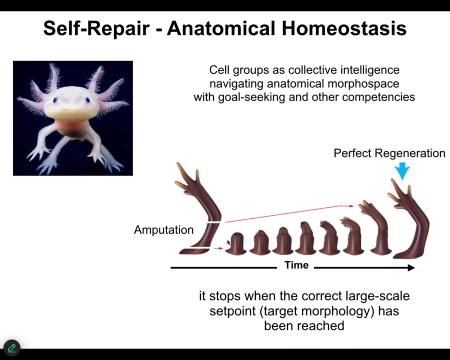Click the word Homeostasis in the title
point(344,28)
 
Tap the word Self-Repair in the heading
point(96,28)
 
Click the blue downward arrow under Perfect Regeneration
point(402,171)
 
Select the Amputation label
point(163,230)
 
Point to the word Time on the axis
point(296,264)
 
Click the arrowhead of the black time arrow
point(411,268)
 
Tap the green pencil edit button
point(12,348)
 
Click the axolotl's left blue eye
point(55,100)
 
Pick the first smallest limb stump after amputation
point(235,243)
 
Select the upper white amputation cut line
point(214,222)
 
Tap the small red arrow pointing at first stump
point(218,248)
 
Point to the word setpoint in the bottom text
point(232,311)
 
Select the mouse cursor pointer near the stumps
point(228,242)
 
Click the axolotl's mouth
point(71,110)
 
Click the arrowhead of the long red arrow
point(351,206)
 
